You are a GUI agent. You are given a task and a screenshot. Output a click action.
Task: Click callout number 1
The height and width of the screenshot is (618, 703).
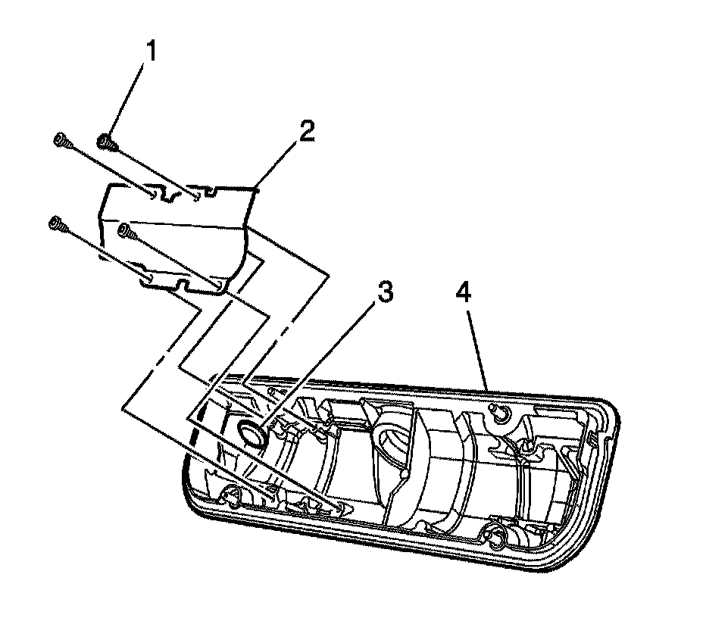(x=152, y=51)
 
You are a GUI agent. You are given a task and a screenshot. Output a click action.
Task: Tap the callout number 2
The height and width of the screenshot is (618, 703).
(x=306, y=133)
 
